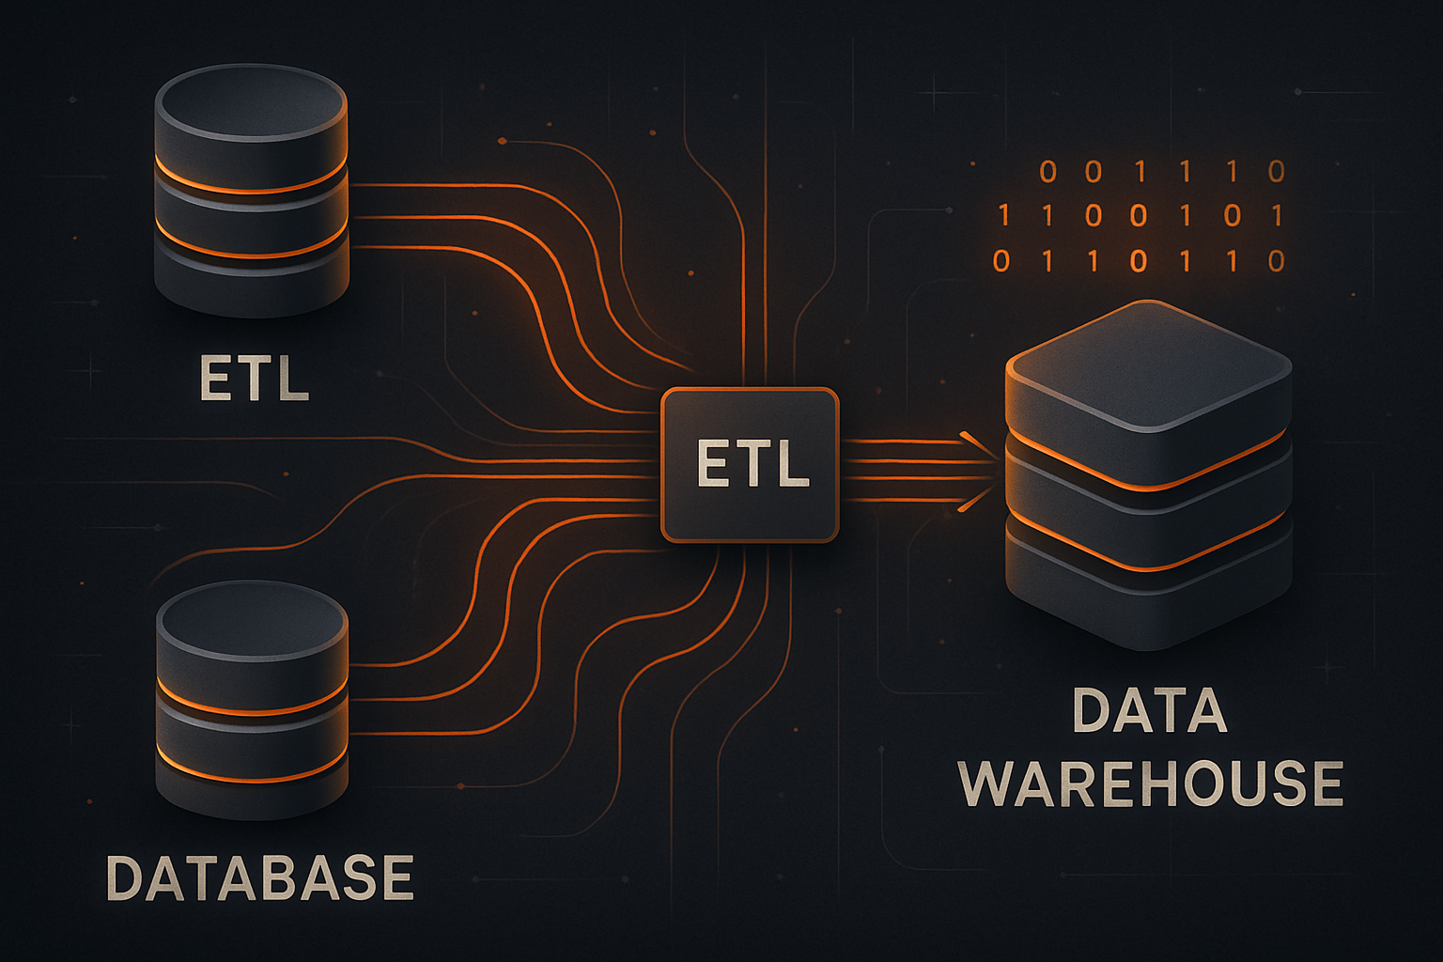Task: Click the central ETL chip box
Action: (x=750, y=465)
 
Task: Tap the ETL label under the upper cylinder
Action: (x=254, y=378)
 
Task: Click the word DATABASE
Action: (x=260, y=877)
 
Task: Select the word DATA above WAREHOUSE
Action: (x=1150, y=711)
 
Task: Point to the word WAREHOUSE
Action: (x=1152, y=784)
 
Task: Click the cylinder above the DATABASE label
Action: (x=252, y=699)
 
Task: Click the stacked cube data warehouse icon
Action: (x=1148, y=474)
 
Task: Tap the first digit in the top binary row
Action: (x=1048, y=172)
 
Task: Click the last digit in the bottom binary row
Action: (x=1276, y=260)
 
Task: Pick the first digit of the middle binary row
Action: (x=1003, y=216)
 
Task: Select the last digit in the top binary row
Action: (x=1276, y=172)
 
